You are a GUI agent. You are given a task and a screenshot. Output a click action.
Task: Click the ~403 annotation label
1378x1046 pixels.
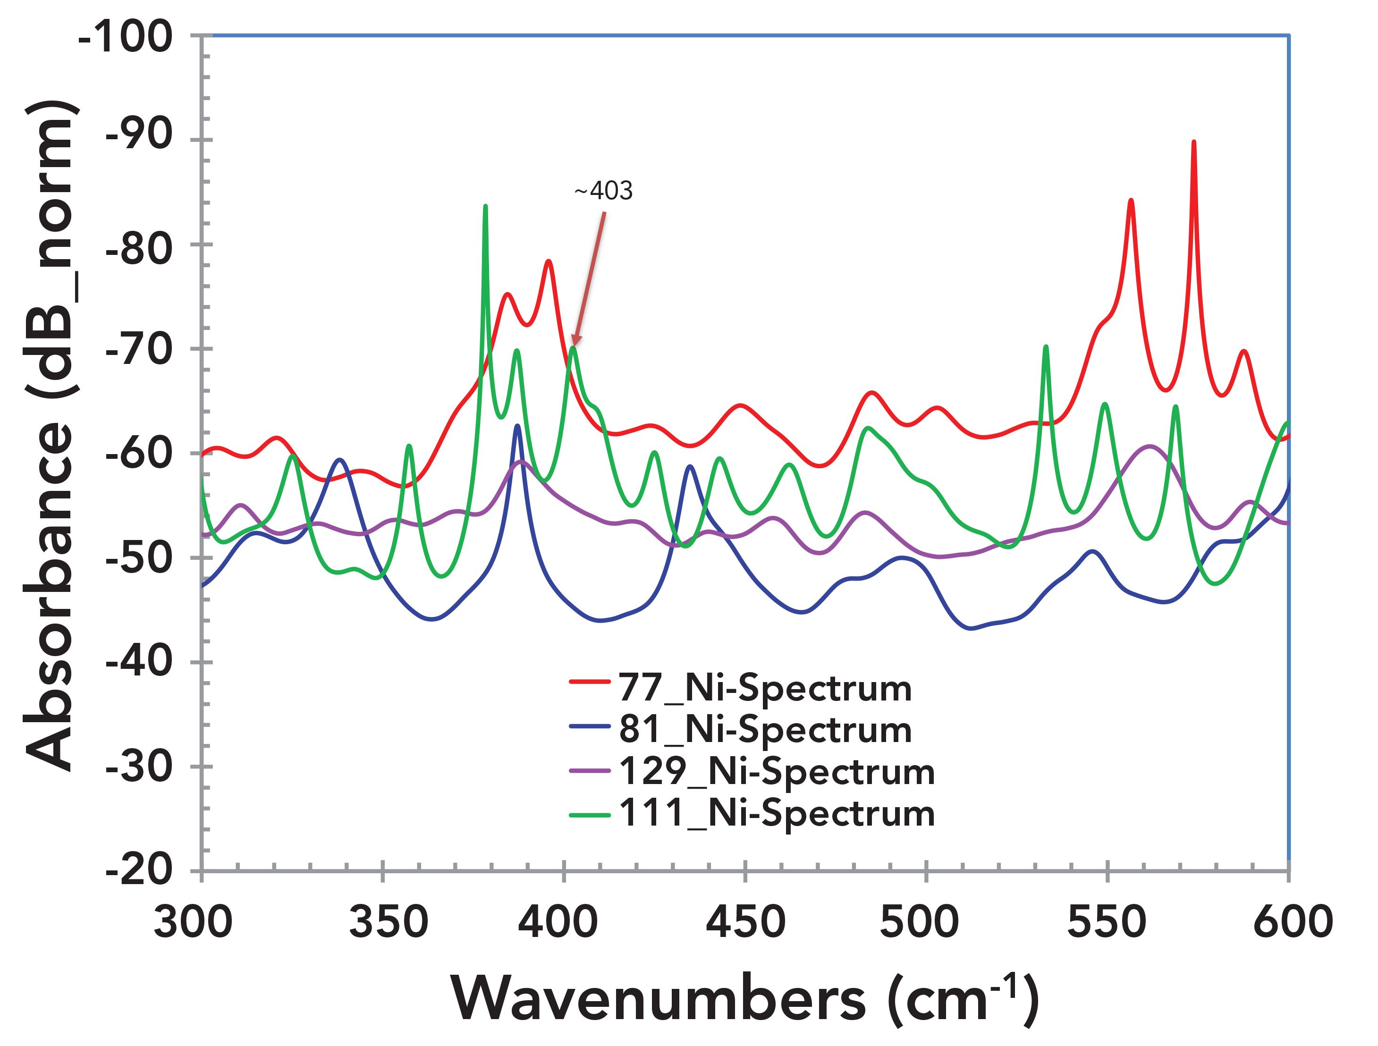coord(603,191)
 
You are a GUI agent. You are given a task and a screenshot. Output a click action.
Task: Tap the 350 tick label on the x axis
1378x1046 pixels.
coord(388,921)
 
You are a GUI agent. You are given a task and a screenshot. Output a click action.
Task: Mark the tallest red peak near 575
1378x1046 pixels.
coord(1193,143)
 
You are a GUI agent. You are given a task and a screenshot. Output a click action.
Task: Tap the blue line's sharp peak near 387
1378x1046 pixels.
coord(518,426)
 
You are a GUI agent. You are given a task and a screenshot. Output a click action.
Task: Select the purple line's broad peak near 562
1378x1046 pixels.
coord(1150,447)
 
